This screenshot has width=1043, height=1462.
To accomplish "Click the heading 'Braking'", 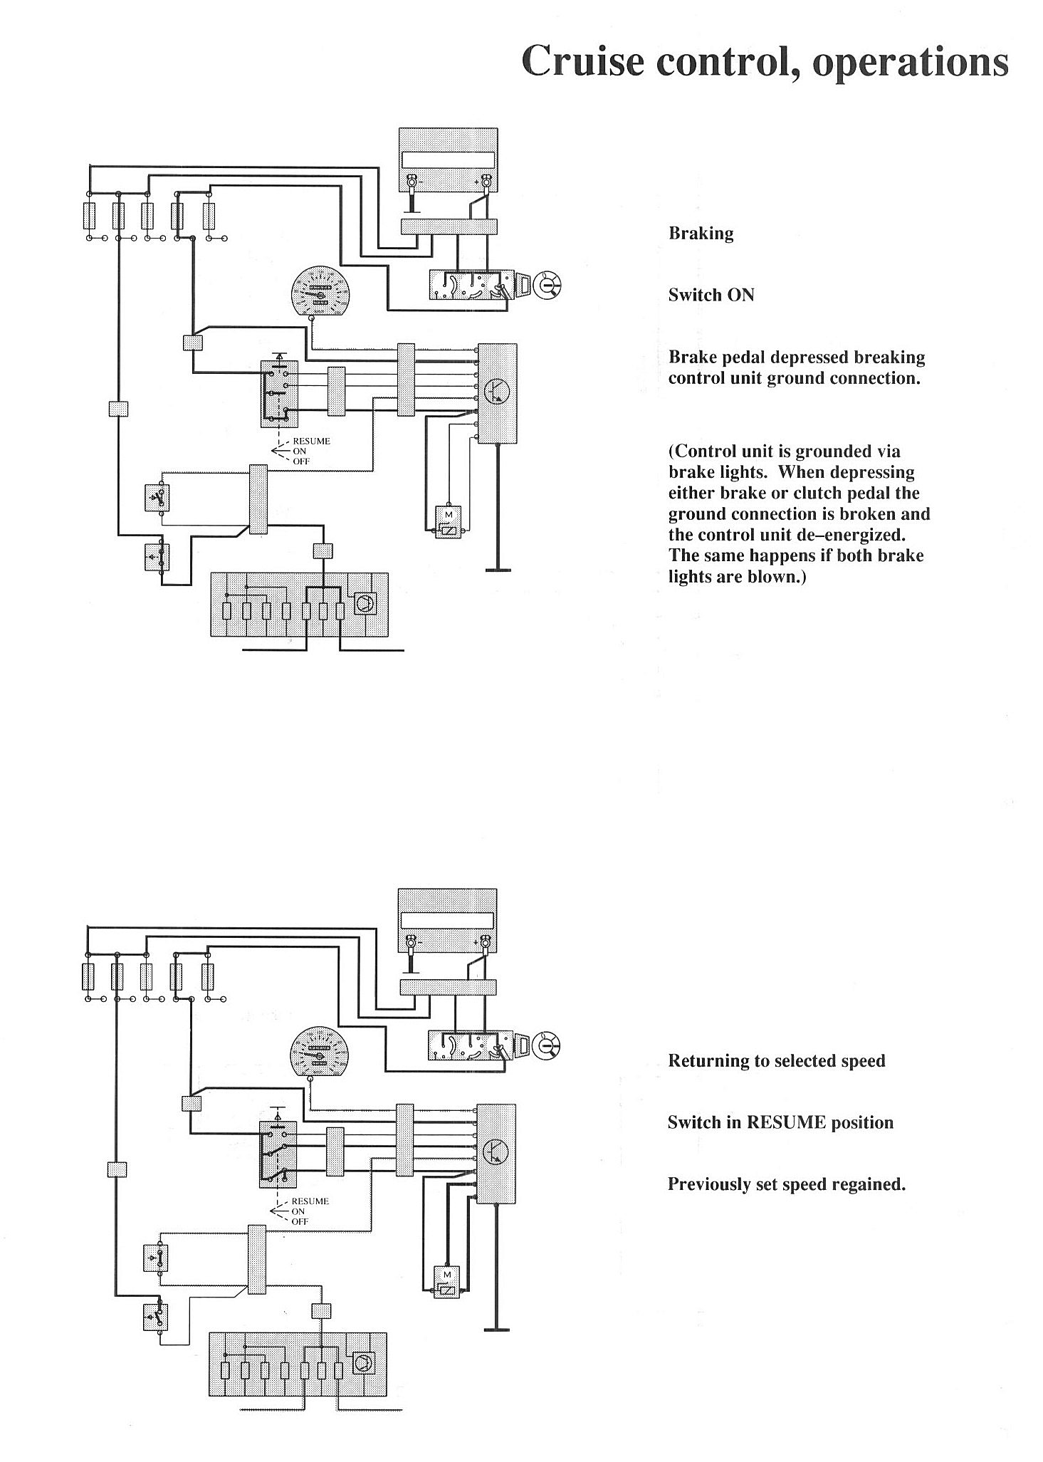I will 701,234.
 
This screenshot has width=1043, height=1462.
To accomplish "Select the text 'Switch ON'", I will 711,295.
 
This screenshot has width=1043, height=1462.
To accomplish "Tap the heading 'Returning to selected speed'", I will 776,1060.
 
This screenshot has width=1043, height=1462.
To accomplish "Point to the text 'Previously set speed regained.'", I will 786,1184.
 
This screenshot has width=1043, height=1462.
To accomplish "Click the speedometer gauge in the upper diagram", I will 323,293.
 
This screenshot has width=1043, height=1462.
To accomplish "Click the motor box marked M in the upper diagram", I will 449,522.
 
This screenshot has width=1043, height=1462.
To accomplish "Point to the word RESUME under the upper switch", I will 311,441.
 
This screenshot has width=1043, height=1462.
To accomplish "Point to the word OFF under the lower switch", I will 300,1221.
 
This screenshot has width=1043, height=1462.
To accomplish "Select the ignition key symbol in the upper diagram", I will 548,285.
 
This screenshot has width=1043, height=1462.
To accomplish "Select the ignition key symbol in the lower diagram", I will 547,1045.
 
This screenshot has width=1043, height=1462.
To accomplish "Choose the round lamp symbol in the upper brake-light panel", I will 365,604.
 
